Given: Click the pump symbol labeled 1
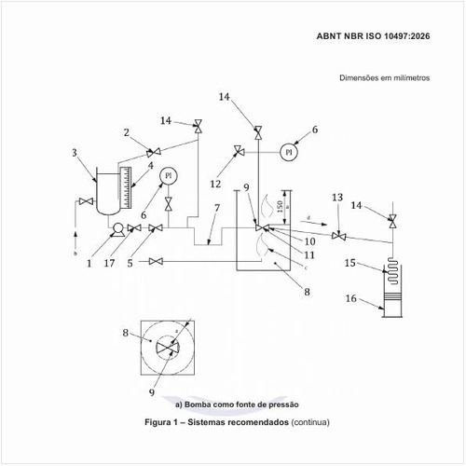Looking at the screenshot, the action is click(118, 230).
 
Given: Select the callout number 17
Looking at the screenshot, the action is click(109, 263).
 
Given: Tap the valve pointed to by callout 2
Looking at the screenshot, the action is click(154, 153).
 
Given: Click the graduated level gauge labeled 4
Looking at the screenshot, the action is click(126, 187).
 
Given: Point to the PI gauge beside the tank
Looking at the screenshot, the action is click(169, 176).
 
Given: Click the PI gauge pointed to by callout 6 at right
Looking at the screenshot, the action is click(289, 152).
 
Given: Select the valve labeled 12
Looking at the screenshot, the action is click(239, 151).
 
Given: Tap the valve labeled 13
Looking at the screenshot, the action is click(339, 236).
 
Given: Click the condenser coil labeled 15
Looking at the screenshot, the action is click(393, 271).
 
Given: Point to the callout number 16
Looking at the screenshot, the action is click(351, 298).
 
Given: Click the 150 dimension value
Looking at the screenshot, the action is click(280, 207).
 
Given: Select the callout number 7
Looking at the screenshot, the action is click(217, 208).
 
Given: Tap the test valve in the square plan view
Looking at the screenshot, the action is click(168, 348).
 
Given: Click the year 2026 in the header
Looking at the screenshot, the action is click(419, 36).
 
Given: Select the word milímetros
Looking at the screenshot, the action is click(412, 77).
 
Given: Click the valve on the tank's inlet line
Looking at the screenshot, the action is click(86, 201).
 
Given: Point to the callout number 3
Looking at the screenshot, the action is click(75, 153).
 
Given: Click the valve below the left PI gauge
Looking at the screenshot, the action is click(169, 204).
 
